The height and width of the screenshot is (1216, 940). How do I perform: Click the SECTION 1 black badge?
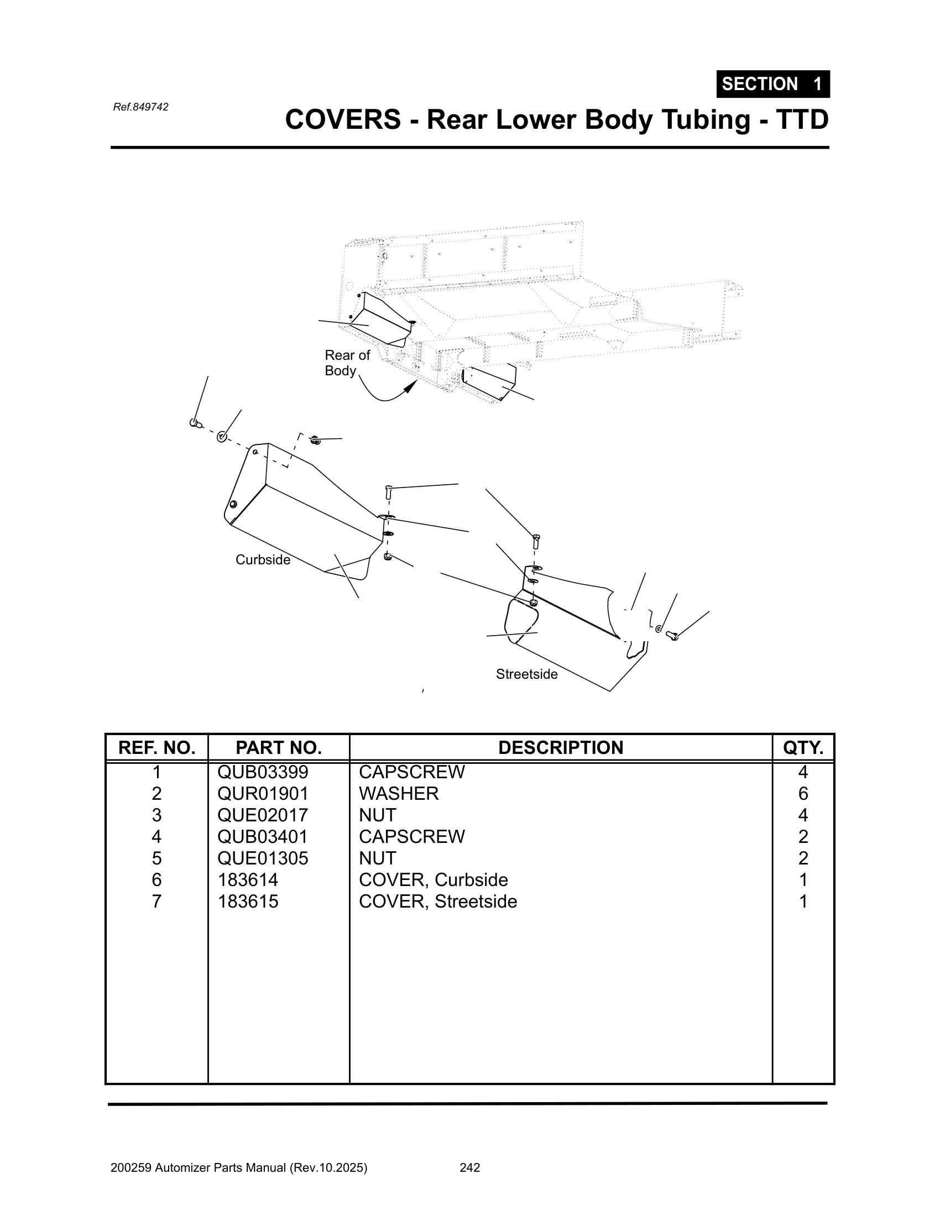[x=772, y=84]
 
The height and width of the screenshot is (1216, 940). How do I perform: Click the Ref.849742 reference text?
[x=140, y=107]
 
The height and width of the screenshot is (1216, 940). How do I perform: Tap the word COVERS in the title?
[x=342, y=120]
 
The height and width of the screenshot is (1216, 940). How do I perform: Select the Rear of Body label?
[x=347, y=363]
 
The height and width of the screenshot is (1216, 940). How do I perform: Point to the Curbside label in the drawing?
[x=263, y=559]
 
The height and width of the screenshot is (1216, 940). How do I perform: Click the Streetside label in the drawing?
[x=526, y=674]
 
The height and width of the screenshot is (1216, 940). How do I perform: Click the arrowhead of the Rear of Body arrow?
[x=411, y=386]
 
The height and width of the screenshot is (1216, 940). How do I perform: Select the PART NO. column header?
[x=279, y=748]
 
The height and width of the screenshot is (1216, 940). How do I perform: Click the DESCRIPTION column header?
[x=560, y=748]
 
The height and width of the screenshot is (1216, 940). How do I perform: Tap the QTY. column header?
[x=803, y=748]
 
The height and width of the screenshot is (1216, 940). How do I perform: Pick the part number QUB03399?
[x=263, y=772]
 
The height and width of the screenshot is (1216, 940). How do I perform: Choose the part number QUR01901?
[x=263, y=793]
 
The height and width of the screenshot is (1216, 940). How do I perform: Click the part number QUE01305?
[x=263, y=858]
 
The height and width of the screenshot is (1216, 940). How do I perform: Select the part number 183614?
[x=248, y=880]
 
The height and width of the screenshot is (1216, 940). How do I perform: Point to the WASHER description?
[x=399, y=793]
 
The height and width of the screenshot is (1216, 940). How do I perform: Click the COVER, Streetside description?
[x=438, y=901]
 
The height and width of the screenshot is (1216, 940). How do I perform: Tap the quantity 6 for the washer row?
[x=803, y=793]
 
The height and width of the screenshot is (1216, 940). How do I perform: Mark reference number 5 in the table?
[x=156, y=858]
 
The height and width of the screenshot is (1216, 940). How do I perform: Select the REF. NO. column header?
[x=156, y=748]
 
